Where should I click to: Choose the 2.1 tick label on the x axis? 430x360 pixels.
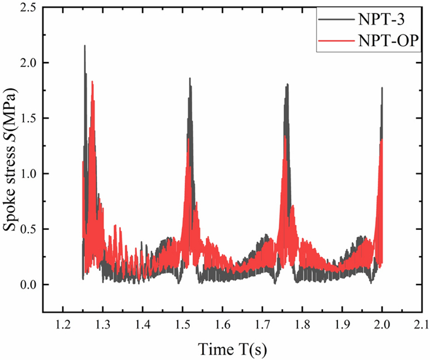(421, 324)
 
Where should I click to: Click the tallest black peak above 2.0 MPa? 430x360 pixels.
(85, 46)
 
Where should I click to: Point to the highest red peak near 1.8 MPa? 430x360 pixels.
(92, 82)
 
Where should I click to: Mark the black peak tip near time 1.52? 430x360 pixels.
(190, 79)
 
